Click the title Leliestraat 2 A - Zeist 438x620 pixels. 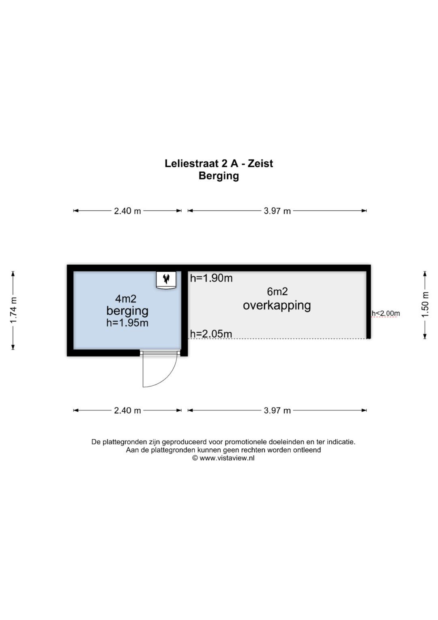coord(219,163)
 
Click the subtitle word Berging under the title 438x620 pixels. coord(219,176)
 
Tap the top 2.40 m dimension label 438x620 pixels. coord(127,211)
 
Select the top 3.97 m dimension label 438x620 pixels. coord(277,211)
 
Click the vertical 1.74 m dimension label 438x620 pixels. coord(13,310)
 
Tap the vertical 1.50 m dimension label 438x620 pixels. coord(425,305)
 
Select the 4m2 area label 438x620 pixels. coord(126,299)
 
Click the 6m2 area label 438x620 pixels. coord(277,292)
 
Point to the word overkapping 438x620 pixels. coord(277,306)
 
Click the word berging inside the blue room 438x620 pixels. coord(127,311)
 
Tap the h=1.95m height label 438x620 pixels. coord(127,323)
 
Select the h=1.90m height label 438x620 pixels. coord(211,278)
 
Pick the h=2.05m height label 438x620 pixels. coord(211,334)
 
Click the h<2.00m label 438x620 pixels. coord(386,313)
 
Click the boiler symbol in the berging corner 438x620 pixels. coord(166,280)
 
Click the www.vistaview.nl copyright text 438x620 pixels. coord(223,458)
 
